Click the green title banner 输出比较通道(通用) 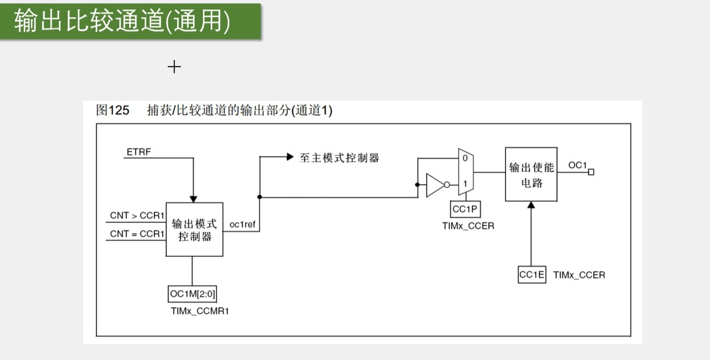(x=130, y=22)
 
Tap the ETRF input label (x=138, y=151)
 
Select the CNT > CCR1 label (x=137, y=215)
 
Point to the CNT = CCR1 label (x=137, y=234)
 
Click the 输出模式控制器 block (x=194, y=230)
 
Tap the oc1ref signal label (x=242, y=225)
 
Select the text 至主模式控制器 (x=339, y=158)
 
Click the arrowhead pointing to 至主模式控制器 (x=289, y=157)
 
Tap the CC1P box (x=465, y=209)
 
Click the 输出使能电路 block (x=531, y=174)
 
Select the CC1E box (x=532, y=275)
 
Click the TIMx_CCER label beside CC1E (x=579, y=275)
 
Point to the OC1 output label (x=577, y=165)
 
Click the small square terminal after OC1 (x=591, y=172)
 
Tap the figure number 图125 (x=113, y=110)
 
